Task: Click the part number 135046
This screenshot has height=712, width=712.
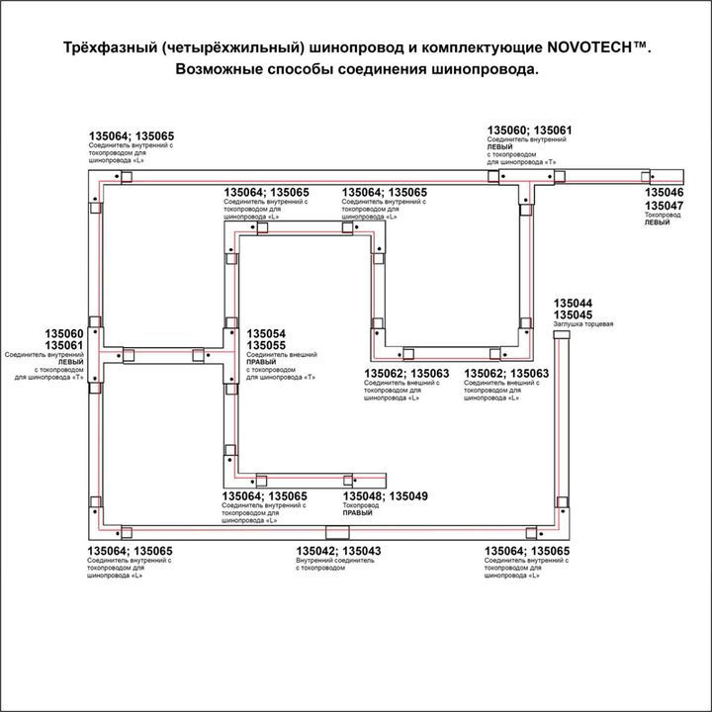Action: pyautogui.click(x=665, y=193)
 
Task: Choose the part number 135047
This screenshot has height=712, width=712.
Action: pyautogui.click(x=665, y=205)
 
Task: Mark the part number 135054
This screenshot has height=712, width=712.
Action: pyautogui.click(x=266, y=334)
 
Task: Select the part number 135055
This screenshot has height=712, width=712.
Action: pyautogui.click(x=266, y=346)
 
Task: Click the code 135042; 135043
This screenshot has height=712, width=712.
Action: pyautogui.click(x=339, y=551)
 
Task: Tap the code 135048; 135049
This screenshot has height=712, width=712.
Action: pyautogui.click(x=385, y=495)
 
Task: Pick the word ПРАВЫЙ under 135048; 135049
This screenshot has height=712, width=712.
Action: pyautogui.click(x=357, y=514)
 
